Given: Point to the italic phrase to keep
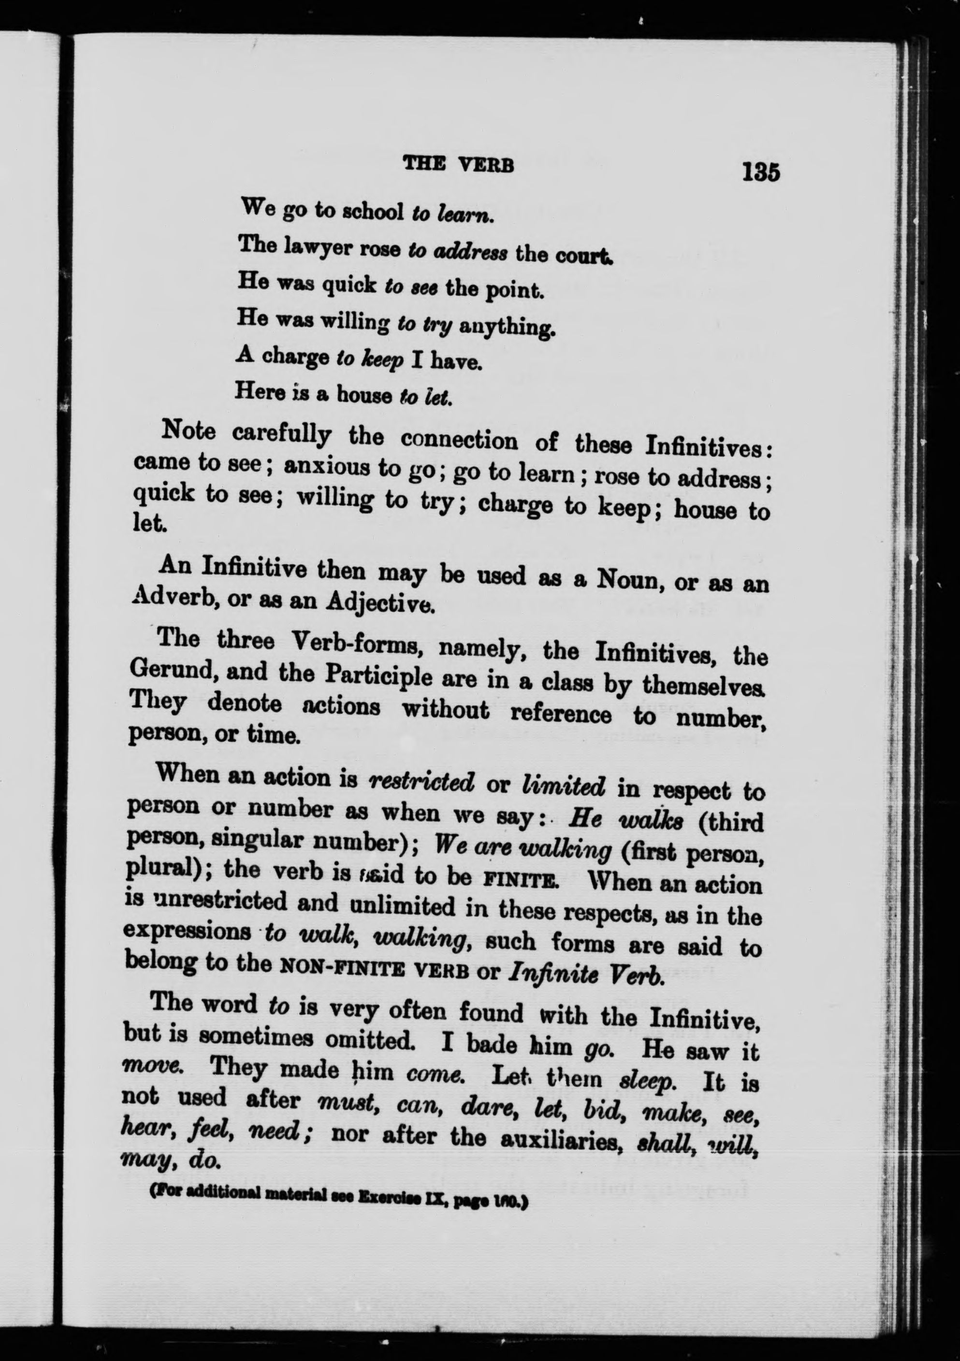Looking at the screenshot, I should point(369,360).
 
